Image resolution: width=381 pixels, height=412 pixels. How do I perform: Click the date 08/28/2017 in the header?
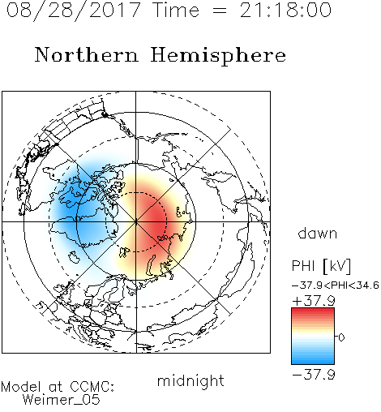74,11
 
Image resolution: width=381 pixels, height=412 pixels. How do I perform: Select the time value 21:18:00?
285,10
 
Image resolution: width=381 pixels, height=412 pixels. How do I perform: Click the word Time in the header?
176,10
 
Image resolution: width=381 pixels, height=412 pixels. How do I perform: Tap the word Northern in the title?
87,54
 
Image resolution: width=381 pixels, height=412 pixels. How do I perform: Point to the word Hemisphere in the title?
218,56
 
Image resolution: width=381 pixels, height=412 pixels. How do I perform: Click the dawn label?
318,233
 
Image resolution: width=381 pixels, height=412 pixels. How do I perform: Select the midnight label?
190,380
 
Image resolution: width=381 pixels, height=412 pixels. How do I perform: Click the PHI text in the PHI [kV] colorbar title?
303,266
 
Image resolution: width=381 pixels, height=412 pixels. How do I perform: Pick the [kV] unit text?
337,266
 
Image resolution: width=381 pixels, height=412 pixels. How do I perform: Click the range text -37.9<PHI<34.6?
336,285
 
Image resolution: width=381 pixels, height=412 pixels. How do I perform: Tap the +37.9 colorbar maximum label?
314,300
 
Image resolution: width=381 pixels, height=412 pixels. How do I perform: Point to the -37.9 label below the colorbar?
314,375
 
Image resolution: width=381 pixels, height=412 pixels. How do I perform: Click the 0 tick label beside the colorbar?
341,337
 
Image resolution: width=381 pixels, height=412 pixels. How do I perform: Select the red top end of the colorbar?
313,311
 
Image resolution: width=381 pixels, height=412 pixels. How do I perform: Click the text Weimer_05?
62,399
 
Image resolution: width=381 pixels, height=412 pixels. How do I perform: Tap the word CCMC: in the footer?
92,387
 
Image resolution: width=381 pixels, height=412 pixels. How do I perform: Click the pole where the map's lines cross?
136,221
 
